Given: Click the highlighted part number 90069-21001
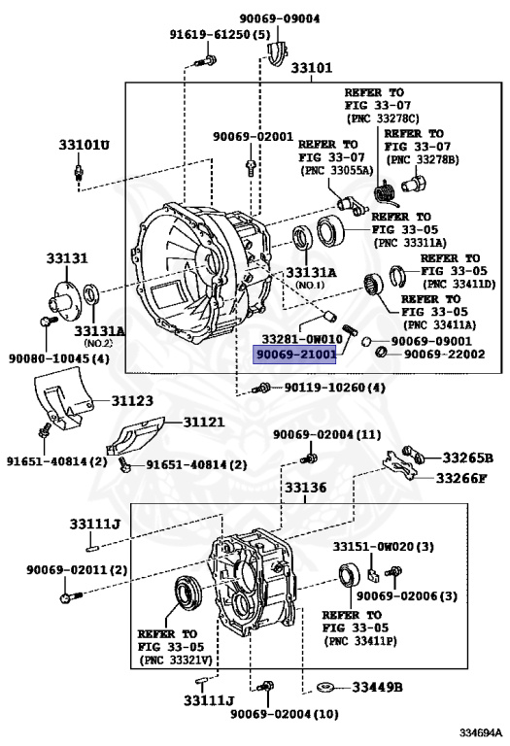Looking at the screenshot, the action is point(294,355).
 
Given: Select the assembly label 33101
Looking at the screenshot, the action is point(312,68).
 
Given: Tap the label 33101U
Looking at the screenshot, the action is point(84,144).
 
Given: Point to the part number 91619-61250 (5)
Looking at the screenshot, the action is point(220,34).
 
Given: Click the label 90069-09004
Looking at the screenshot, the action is point(279,18).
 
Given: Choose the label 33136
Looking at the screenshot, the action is point(305,488).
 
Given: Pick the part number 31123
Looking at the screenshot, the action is point(132,400).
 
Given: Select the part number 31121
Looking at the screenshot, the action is point(204,422).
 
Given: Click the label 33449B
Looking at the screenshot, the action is point(377,687).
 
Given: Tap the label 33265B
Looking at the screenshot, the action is point(467,458).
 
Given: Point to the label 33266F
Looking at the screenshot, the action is point(461,478).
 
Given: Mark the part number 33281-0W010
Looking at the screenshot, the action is point(302,339).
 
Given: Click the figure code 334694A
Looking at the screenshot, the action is point(481,732).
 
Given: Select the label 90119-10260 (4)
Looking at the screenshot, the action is point(334,388).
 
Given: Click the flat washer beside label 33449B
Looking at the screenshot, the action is point(325,687).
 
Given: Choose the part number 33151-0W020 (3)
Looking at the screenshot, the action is point(383,547).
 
